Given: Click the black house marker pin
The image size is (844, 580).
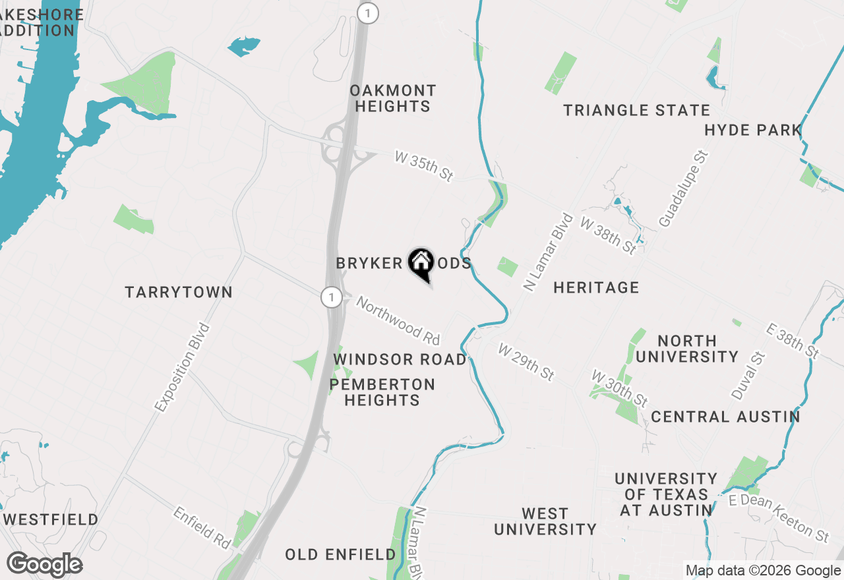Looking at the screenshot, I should [421, 265].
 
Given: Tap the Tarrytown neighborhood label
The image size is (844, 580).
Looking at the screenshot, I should [179, 292].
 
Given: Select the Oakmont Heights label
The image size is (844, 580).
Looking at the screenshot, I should [393, 98].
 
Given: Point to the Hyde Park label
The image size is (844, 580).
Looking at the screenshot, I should [752, 130].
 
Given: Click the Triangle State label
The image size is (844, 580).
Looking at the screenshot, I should [636, 110].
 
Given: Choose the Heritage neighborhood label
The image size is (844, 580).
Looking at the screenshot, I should [596, 287].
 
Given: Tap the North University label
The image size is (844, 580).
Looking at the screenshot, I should [687, 349].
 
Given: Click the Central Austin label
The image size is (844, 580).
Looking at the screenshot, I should [725, 417].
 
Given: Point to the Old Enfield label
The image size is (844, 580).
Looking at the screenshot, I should [340, 555].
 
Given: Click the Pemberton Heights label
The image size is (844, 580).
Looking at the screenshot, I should [382, 392].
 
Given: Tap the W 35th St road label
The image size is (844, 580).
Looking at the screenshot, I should [425, 165].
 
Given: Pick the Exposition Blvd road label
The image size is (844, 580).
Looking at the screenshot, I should [182, 368].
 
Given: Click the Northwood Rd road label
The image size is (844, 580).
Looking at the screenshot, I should [398, 320].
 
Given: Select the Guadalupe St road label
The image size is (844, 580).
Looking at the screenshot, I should [683, 189].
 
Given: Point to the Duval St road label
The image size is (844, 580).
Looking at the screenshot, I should [748, 376].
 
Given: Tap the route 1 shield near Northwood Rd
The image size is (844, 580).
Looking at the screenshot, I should [331, 297].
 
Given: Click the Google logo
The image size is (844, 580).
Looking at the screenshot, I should [44, 565].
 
